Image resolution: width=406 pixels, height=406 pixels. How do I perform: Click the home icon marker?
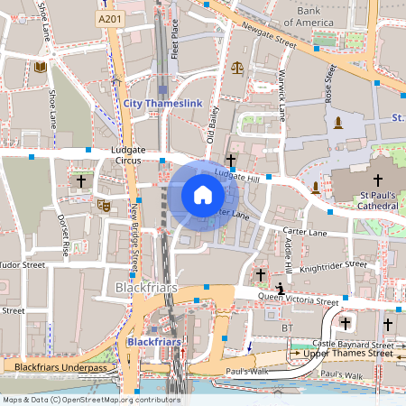coord(203,195)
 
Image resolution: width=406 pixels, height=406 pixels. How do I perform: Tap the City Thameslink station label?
coord(162,105)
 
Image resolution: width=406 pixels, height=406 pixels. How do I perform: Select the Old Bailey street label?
coord(213,125)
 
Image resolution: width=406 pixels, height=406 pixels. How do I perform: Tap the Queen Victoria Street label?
coord(298,298)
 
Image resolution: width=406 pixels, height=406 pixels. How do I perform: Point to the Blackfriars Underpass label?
coord(54,367)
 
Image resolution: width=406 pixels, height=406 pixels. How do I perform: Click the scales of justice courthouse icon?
coord(237,66)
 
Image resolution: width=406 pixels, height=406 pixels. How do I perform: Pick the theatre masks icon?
coord(103,206)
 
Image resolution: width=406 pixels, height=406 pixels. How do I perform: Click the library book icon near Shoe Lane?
coord(41,67)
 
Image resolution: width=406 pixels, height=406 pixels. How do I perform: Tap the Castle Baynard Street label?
coord(353,344)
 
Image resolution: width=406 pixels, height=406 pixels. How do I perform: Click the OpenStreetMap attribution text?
coord(90,400)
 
